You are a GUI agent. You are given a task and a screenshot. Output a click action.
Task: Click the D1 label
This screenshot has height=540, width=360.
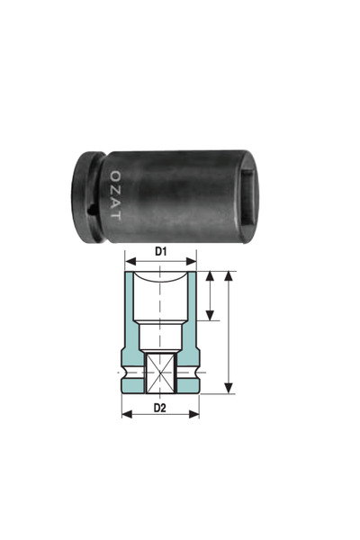(x=160, y=252)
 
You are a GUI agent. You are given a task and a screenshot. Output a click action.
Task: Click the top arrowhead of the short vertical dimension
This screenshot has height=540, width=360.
(x=210, y=274)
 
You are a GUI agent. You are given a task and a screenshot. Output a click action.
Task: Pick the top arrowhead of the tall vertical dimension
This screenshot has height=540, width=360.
(x=230, y=274)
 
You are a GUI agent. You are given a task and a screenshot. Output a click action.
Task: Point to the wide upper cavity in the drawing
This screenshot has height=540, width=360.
(x=160, y=297)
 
